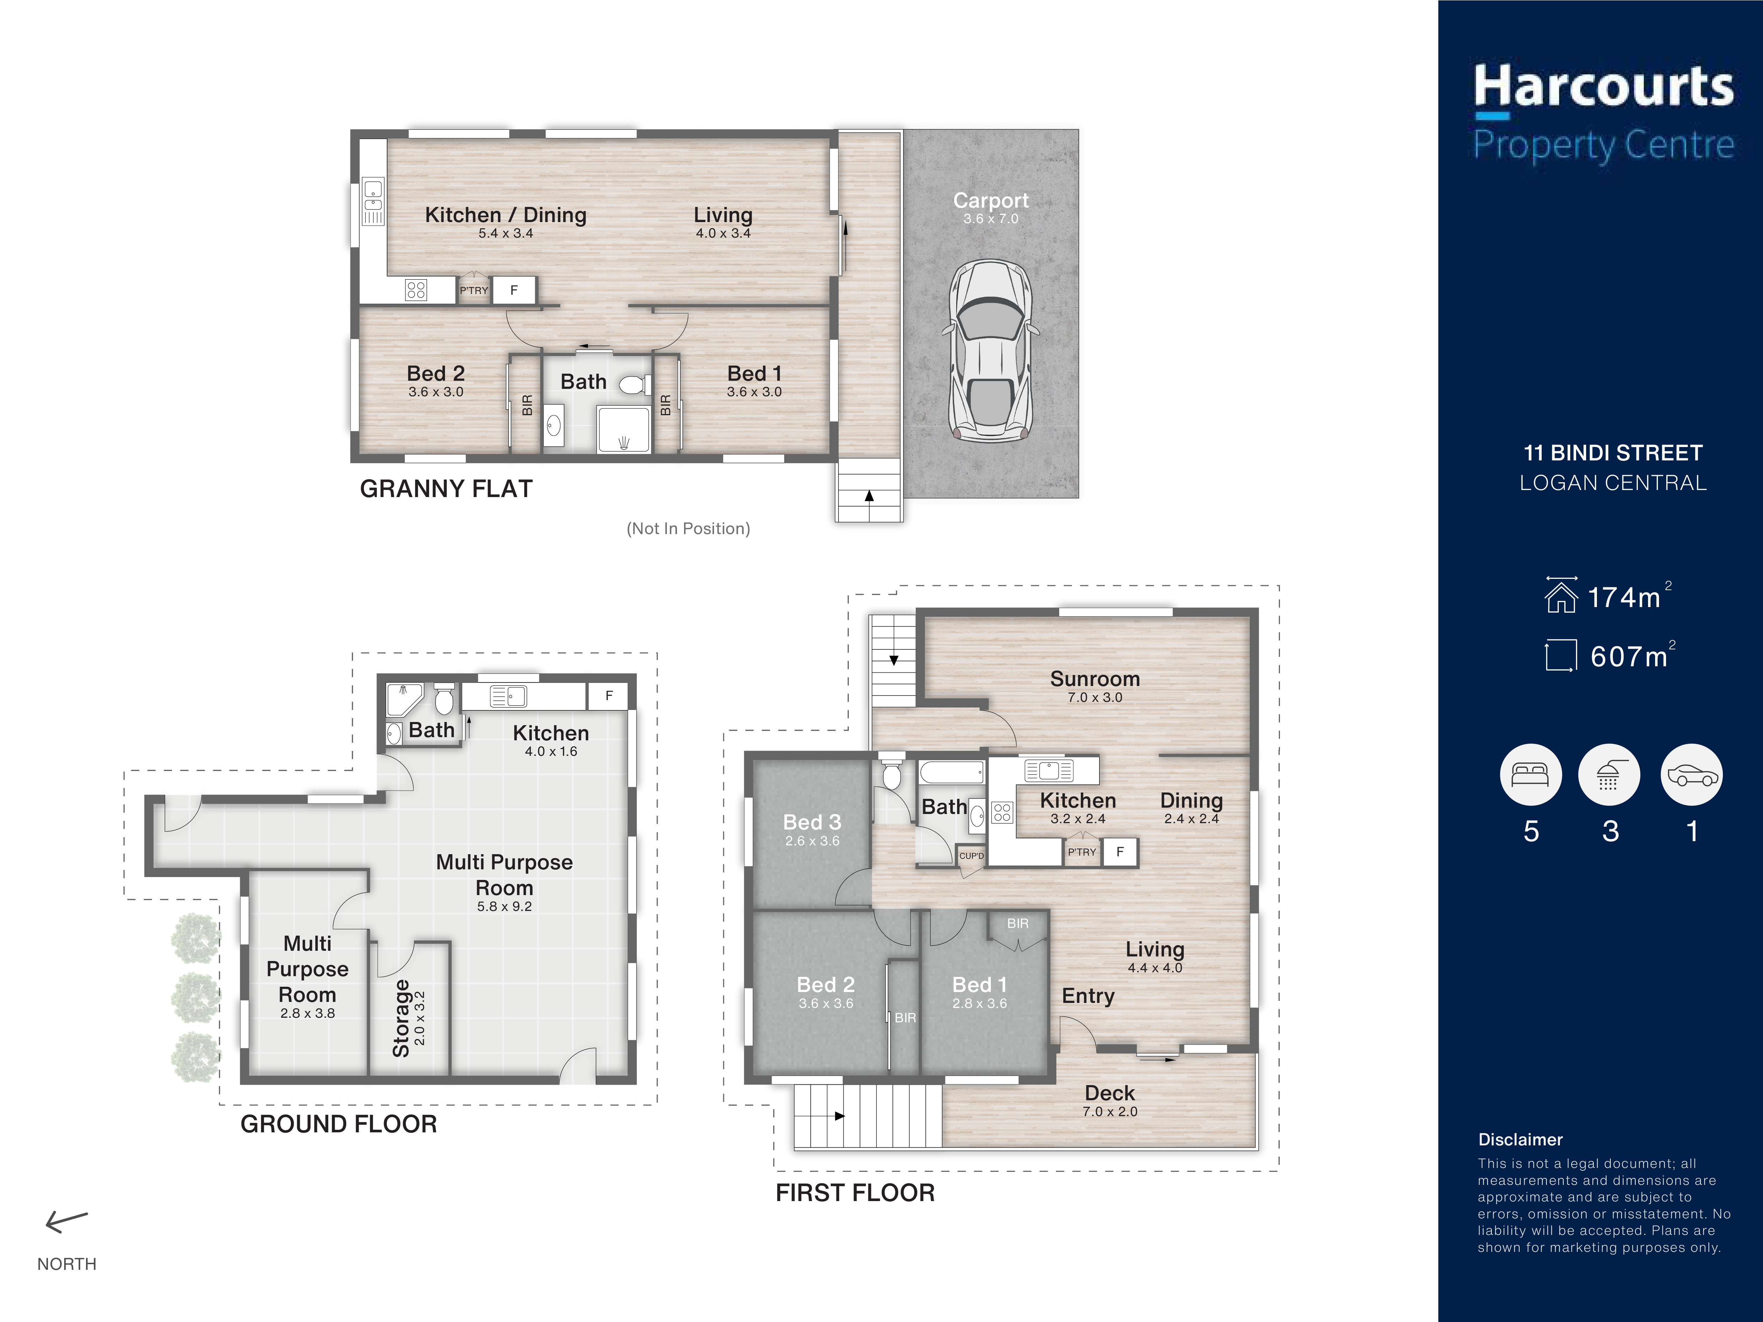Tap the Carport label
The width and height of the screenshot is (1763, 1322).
[991, 201]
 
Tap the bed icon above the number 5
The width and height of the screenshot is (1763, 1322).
[1530, 775]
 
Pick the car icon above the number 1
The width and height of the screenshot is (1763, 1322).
[1691, 775]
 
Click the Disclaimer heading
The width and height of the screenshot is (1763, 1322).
[1520, 1139]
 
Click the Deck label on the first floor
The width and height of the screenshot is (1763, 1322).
[1109, 1093]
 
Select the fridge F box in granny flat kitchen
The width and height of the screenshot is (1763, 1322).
[514, 290]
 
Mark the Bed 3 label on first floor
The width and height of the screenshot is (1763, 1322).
[812, 822]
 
